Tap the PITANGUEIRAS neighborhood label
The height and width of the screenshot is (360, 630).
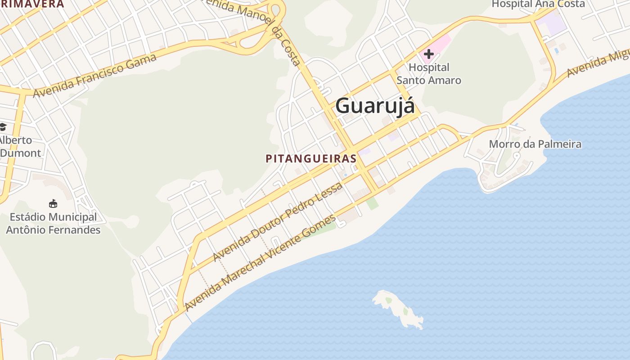[311, 159]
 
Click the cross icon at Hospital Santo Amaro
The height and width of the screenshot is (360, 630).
[428, 54]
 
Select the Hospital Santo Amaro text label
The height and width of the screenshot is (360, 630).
[428, 74]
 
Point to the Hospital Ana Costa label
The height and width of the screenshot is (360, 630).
[538, 4]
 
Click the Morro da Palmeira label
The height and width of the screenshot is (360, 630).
[535, 144]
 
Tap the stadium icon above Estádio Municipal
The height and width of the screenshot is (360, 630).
[53, 203]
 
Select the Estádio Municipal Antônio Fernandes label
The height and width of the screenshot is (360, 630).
[53, 224]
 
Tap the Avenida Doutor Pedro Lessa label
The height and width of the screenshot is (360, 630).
[277, 222]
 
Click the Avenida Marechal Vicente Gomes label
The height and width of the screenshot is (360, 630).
[260, 263]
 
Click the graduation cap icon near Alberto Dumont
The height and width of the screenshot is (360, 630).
[3, 127]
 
